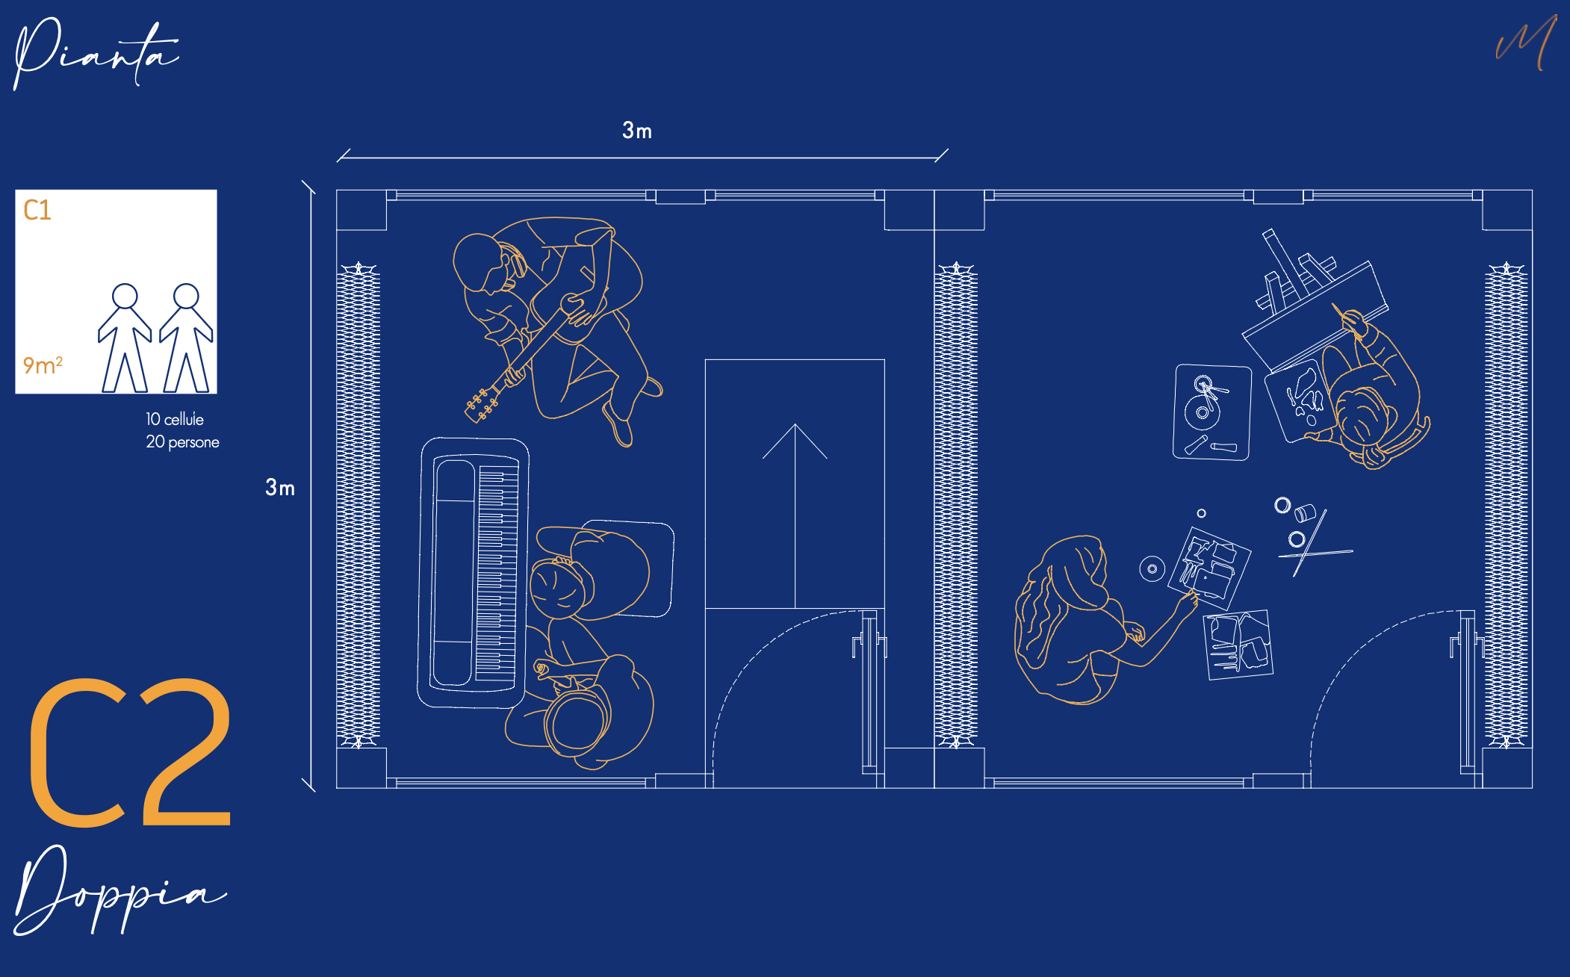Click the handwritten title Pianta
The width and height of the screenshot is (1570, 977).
coord(96,54)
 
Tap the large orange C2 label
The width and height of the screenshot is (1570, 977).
coord(130,752)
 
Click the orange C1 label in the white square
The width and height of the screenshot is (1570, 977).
coord(37,210)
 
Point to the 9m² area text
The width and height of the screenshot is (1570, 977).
coord(43,365)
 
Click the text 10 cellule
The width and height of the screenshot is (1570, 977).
coord(175,419)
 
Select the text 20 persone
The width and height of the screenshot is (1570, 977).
coord(182,441)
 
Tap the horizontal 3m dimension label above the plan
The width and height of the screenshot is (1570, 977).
coord(637,131)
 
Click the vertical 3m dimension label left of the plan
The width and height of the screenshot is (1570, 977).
coord(280,488)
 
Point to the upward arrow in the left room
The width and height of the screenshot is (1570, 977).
coord(795,515)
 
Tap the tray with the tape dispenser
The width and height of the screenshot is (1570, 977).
coord(1212,412)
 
